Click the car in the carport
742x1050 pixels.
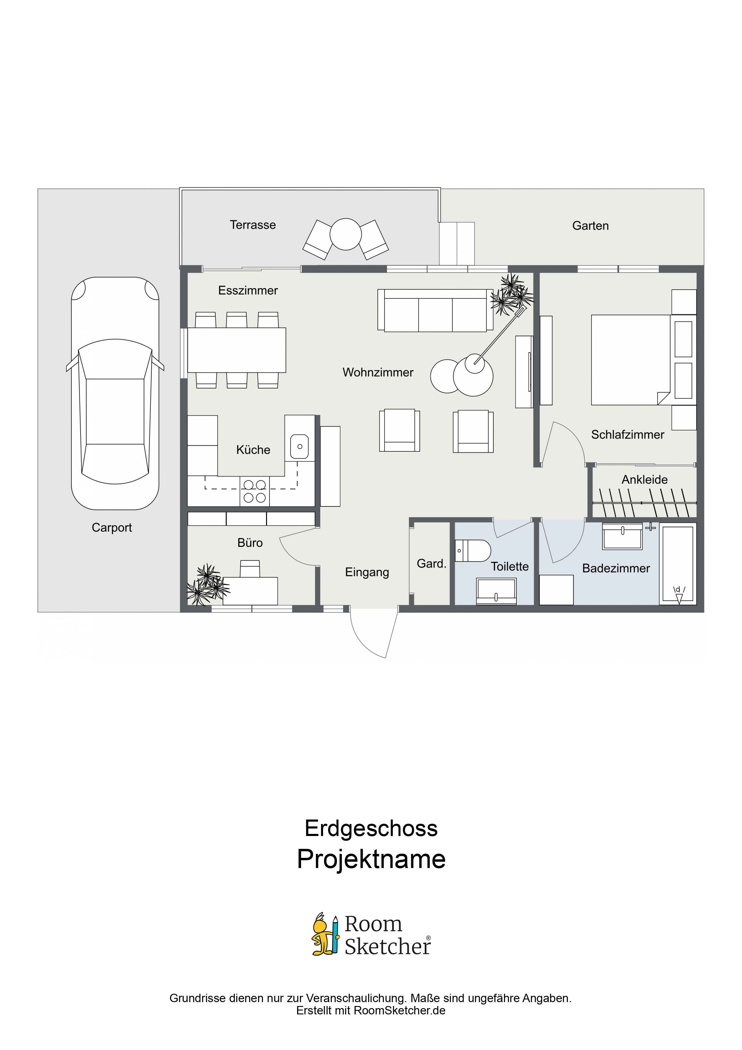tap(115, 393)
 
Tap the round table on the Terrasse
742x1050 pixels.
tap(346, 234)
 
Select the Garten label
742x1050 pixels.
tap(590, 226)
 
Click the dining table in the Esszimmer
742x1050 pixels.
tap(237, 350)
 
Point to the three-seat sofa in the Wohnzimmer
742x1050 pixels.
tap(435, 310)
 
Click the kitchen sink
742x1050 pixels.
tap(299, 446)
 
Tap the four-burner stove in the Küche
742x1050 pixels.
tap(255, 491)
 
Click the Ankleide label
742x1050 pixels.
tap(645, 480)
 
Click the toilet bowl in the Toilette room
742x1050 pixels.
tap(473, 551)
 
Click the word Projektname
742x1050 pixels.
tap(371, 859)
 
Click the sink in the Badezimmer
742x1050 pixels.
tap(623, 536)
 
